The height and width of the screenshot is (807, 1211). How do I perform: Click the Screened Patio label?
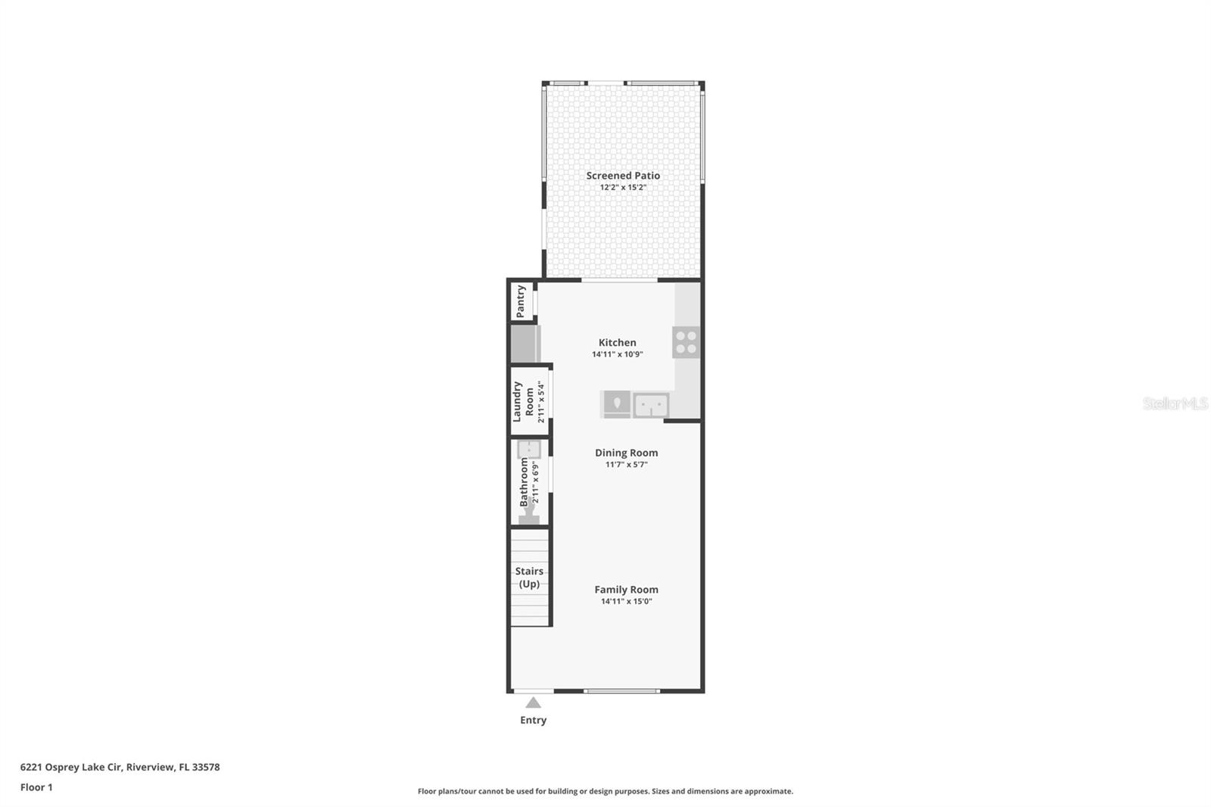point(623,176)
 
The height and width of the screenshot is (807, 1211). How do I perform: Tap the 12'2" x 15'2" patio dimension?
point(623,188)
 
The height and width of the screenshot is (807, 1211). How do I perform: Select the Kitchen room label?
point(617,343)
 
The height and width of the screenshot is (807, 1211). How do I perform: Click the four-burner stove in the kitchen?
point(686,342)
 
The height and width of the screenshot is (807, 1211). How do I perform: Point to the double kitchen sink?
point(650,405)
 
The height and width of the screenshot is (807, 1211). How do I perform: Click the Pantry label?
point(521,301)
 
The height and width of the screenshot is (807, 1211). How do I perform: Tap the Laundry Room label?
point(523,401)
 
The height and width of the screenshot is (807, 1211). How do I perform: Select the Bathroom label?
point(524,482)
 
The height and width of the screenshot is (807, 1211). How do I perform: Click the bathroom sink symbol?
point(528,450)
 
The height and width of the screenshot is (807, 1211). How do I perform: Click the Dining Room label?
point(626,453)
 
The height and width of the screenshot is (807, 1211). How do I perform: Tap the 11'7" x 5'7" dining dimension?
point(626,465)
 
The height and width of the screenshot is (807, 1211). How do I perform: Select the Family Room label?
point(626,590)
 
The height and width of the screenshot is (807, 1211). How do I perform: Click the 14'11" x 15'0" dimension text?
point(626,602)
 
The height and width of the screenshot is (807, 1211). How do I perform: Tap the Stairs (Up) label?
point(529,577)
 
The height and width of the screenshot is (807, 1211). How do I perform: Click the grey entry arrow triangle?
point(534,703)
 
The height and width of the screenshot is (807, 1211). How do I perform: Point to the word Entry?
point(533,720)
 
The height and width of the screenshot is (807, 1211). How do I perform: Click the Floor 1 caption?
point(36,787)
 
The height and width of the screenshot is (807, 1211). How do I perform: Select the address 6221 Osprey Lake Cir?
point(71,767)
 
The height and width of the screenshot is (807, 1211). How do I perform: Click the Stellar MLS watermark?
point(1175,403)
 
